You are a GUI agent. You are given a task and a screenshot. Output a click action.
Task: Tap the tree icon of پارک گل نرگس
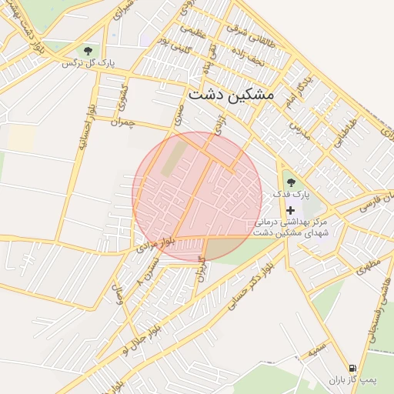pyautogui.click(x=86, y=51)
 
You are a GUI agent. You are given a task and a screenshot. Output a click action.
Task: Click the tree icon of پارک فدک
pyautogui.click(x=291, y=182)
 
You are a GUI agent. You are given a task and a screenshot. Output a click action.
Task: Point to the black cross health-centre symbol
pyautogui.click(x=290, y=210)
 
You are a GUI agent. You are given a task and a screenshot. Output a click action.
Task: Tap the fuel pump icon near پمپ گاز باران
pyautogui.click(x=352, y=368)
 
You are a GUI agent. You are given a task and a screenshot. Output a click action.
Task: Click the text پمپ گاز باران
pyautogui.click(x=351, y=380)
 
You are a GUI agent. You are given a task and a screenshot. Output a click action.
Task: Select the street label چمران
pyautogui.click(x=122, y=122)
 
